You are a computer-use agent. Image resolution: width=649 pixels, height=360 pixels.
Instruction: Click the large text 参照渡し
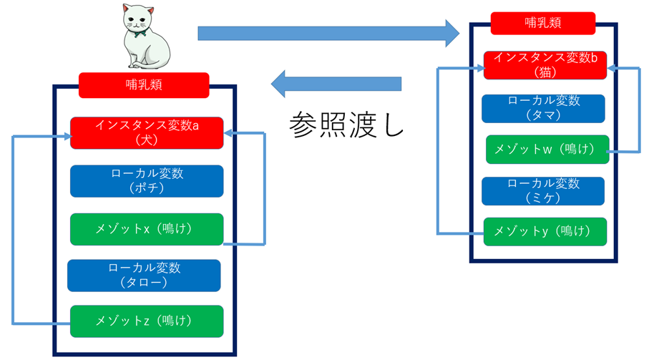(346, 125)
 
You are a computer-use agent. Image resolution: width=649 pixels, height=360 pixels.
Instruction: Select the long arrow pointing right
(329, 32)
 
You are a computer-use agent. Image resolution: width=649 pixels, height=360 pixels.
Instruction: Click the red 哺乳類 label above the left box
(143, 85)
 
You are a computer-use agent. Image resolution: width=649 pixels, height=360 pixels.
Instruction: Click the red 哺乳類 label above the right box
(543, 23)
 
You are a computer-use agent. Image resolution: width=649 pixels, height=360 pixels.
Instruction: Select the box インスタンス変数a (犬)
(147, 133)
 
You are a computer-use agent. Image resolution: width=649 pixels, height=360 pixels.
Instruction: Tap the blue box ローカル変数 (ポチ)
(147, 181)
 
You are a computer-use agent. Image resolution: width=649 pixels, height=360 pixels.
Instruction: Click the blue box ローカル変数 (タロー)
(144, 276)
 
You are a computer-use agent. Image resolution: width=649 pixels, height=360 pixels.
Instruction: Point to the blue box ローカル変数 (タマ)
(543, 108)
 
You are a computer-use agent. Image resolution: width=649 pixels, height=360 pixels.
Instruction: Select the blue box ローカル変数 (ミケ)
(543, 190)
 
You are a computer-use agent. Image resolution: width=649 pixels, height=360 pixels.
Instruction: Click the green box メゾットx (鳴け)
(147, 229)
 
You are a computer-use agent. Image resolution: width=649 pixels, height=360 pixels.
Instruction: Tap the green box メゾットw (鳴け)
(547, 150)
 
